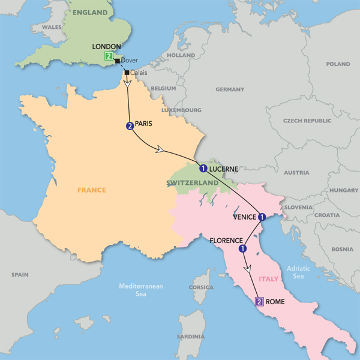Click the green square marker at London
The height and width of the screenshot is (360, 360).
(x=108, y=56)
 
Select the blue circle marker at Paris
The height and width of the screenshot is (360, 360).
(x=128, y=126)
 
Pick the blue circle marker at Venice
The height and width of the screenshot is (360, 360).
(x=262, y=217)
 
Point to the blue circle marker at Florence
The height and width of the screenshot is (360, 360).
(x=242, y=248)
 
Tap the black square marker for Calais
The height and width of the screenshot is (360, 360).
(x=127, y=73)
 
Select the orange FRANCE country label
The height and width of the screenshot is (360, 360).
(x=91, y=190)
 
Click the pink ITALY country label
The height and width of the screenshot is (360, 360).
(x=268, y=278)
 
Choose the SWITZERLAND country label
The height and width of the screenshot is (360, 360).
(x=193, y=182)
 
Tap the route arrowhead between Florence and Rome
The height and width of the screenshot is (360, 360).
(x=248, y=271)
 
